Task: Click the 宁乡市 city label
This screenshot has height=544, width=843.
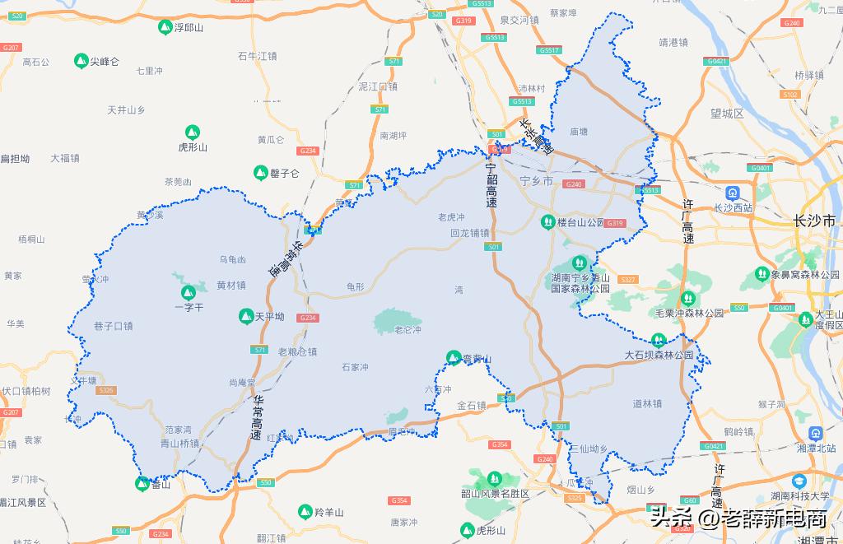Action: click(x=537, y=179)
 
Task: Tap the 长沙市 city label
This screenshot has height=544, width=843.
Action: click(x=814, y=221)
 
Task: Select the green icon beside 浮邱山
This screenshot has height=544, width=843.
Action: click(x=165, y=27)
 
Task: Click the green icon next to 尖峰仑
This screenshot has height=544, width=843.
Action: click(x=81, y=61)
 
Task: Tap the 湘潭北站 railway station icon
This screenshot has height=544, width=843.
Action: click(x=814, y=433)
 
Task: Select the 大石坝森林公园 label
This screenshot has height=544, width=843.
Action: click(x=659, y=356)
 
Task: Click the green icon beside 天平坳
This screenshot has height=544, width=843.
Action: click(x=245, y=315)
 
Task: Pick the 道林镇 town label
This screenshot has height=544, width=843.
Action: click(x=647, y=403)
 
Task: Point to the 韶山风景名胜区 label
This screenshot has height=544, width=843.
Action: click(x=494, y=493)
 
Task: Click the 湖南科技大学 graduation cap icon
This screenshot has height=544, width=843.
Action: click(x=798, y=481)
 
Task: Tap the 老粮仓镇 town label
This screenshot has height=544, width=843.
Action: click(x=297, y=351)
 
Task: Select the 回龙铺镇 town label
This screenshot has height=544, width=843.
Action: click(x=470, y=233)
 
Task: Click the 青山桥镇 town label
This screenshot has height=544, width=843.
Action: click(x=179, y=442)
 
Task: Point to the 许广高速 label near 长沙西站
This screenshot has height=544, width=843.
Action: click(x=688, y=221)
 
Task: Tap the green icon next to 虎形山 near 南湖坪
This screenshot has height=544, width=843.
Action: click(x=192, y=132)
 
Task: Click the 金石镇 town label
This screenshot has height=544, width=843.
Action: click(x=471, y=406)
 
